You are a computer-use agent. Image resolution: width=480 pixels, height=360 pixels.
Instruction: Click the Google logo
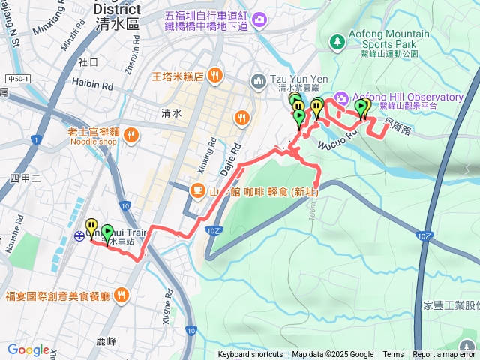pyautogui.click(x=28, y=349)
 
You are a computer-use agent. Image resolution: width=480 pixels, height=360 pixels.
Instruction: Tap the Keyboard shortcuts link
pyautogui.click(x=250, y=355)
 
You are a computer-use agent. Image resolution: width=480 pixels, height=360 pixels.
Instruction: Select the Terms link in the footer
pyautogui.click(x=393, y=355)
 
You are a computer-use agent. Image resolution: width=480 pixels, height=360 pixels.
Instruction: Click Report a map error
pyautogui.click(x=444, y=355)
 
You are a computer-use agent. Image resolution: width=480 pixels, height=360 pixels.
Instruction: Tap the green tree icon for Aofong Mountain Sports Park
pyautogui.click(x=337, y=40)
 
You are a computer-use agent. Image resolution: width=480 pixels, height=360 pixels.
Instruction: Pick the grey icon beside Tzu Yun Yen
pyautogui.click(x=259, y=79)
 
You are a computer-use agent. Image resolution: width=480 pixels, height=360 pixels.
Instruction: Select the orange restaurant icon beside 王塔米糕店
pyautogui.click(x=214, y=74)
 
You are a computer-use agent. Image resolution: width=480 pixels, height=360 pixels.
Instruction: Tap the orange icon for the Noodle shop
pyautogui.click(x=130, y=136)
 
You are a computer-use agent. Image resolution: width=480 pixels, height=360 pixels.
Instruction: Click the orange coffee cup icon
pyautogui.click(x=197, y=190)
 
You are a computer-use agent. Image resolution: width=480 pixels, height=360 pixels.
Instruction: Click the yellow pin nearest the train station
pyautogui.click(x=91, y=226)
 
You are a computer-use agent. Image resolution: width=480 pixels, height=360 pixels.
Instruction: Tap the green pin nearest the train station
pyautogui.click(x=106, y=233)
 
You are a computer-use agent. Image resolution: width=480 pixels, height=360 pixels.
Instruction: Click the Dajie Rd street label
pyautogui.click(x=233, y=158)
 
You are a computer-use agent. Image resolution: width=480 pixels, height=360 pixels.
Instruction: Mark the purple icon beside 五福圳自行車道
pyautogui.click(x=259, y=18)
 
